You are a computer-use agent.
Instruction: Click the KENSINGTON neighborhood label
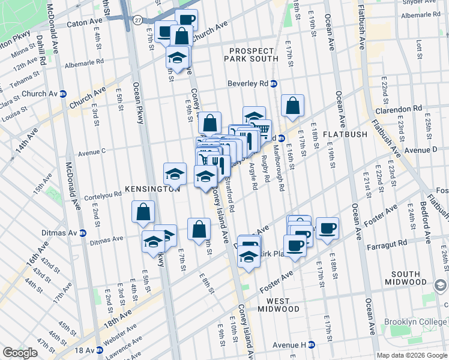point(152,189)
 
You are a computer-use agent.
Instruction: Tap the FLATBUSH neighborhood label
point(345,134)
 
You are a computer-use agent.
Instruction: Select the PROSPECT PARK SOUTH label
point(252,54)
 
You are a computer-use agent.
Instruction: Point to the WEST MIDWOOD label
point(279,304)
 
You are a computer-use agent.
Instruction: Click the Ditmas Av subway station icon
point(83,233)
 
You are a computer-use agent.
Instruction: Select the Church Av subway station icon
point(63,94)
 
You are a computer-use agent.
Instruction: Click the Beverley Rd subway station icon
point(274,84)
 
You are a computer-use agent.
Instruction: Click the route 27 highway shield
point(138,20)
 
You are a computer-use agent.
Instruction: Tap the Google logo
point(20,353)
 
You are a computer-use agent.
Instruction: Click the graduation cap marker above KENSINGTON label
point(175,173)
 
